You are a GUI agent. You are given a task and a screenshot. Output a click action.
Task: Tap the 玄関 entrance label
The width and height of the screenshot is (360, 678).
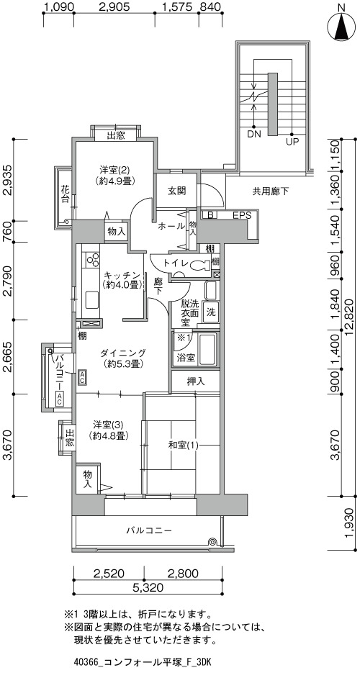(x=176, y=190)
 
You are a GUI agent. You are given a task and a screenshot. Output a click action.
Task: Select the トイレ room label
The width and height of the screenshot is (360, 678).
(x=175, y=263)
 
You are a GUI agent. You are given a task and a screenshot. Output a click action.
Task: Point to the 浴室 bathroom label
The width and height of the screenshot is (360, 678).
(x=186, y=358)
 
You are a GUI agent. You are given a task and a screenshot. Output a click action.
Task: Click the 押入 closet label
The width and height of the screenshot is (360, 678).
(x=196, y=381)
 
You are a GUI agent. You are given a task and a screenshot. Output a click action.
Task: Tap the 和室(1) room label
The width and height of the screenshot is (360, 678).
(x=183, y=446)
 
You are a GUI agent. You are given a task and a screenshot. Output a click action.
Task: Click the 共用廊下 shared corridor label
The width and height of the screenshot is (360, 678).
(x=271, y=191)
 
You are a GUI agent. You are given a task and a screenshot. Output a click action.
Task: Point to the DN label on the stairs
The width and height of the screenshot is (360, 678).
(x=254, y=134)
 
